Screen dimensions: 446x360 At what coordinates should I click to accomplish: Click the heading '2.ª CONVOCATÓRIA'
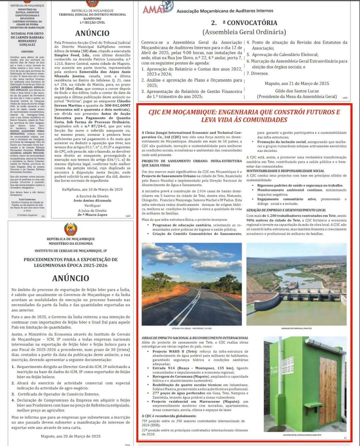[x=244, y=23]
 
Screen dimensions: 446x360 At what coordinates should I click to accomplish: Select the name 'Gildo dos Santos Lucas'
[x=297, y=91]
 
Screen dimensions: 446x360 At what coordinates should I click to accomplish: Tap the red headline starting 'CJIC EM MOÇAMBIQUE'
[x=244, y=116]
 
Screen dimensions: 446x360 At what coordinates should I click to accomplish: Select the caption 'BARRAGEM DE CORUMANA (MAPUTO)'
[x=296, y=329]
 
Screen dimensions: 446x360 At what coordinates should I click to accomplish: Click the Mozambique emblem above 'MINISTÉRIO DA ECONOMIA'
[x=71, y=230]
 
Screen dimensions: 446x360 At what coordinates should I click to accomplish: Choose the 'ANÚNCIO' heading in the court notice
[x=92, y=33]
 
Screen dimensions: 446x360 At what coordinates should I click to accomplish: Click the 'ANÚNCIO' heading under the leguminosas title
[x=71, y=278]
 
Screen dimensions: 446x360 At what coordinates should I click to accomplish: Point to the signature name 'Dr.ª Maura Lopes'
[x=92, y=215]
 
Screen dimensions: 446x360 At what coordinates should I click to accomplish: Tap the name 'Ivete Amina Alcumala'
[x=92, y=200]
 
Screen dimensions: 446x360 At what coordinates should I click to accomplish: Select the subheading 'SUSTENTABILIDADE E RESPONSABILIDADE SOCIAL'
[x=285, y=171]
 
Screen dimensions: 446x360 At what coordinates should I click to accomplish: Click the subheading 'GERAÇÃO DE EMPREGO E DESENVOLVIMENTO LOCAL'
[x=286, y=210]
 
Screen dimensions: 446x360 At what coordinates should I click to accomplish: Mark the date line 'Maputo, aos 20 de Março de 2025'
[x=71, y=436]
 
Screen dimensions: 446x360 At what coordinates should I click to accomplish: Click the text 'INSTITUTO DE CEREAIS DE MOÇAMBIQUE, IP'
[x=71, y=251]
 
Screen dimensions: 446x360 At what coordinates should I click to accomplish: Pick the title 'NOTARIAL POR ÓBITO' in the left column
[x=27, y=34]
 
